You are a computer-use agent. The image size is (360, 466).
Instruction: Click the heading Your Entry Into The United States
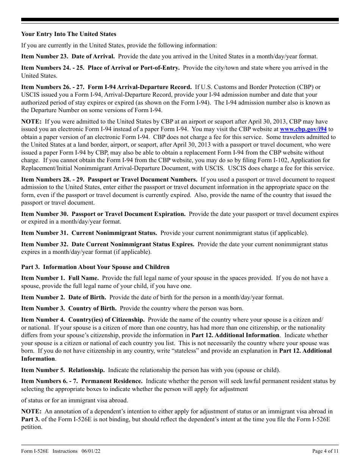point(69,34)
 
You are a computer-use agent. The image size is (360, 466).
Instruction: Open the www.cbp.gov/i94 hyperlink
point(303,129)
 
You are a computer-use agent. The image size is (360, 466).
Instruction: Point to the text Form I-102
point(279,160)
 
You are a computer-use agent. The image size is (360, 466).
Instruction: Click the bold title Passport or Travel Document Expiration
point(128,214)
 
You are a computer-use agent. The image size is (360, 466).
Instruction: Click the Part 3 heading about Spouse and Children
point(95,267)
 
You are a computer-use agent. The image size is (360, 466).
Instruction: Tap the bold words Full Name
point(83,278)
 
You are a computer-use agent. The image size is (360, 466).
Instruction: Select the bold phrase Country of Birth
point(92,308)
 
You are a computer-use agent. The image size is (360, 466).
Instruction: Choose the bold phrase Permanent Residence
point(112,381)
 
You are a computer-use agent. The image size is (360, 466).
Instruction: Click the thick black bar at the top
point(180,20)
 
